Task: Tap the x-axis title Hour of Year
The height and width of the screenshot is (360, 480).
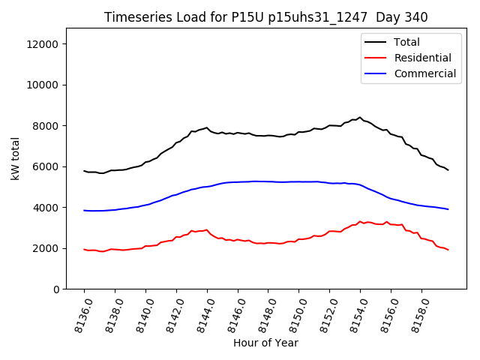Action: tap(265, 343)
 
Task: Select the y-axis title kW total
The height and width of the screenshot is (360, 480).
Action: tap(16, 158)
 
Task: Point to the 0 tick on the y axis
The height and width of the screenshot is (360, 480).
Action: tap(56, 289)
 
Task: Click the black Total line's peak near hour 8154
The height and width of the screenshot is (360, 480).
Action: tap(360, 118)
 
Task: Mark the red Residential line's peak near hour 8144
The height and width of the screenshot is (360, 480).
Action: tap(206, 229)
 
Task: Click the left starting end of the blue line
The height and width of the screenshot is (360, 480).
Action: tap(84, 210)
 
